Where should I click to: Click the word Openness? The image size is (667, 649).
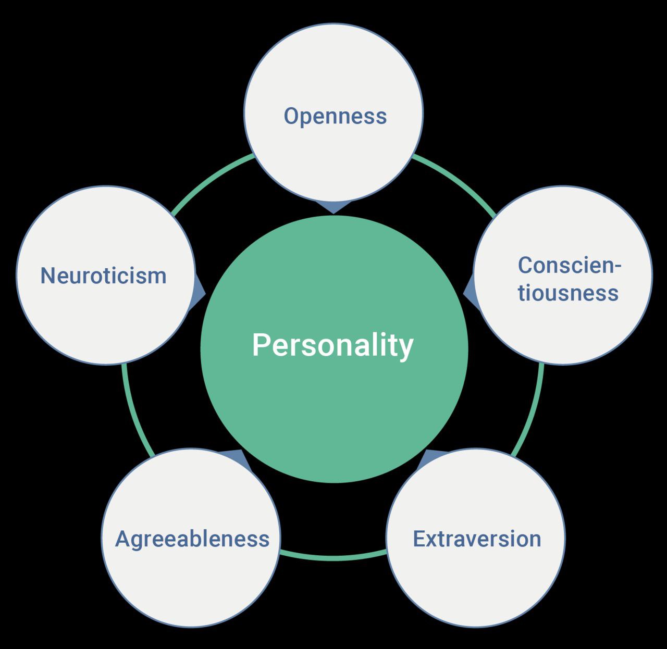tap(335, 117)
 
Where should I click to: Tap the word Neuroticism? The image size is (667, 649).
tap(104, 276)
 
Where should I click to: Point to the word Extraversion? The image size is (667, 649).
tap(477, 539)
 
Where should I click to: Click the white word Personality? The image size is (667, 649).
tap(333, 346)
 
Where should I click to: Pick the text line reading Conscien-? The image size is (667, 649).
tap(570, 265)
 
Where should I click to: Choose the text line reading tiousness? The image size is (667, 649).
tap(569, 293)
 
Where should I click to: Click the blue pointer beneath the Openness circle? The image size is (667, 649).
tap(333, 207)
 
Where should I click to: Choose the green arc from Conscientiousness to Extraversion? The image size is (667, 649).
tap(534, 411)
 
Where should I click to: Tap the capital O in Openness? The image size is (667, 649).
tap(292, 116)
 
